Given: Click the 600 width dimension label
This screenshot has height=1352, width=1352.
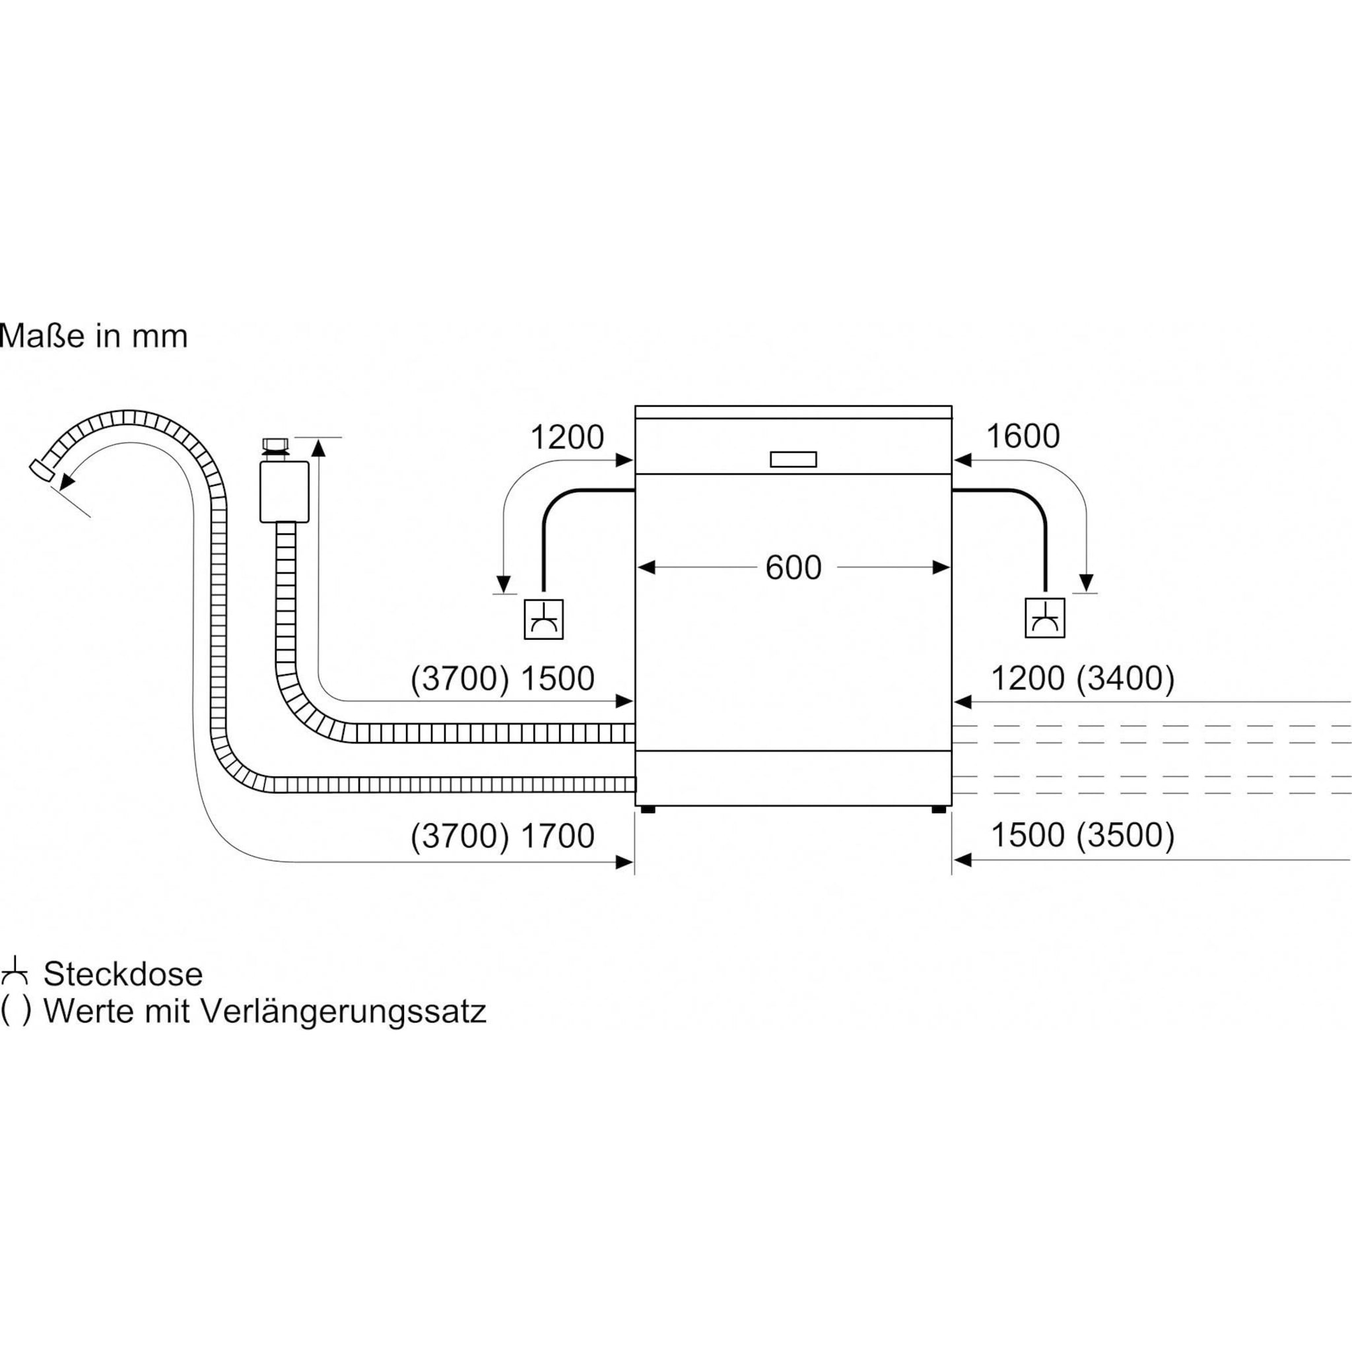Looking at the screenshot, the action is pyautogui.click(x=793, y=568).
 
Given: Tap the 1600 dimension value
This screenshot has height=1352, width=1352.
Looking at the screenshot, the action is pyautogui.click(x=1023, y=436).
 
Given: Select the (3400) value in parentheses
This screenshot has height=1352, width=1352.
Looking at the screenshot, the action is pyautogui.click(x=1126, y=678).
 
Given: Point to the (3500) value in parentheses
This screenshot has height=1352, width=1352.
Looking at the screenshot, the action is pyautogui.click(x=1126, y=836).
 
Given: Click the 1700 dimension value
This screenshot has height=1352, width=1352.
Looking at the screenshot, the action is pyautogui.click(x=558, y=836).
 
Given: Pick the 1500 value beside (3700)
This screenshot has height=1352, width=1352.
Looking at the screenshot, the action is pyautogui.click(x=558, y=679).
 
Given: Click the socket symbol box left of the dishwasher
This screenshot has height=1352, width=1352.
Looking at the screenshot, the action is pyautogui.click(x=544, y=619).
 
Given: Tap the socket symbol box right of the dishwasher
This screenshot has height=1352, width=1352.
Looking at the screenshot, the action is pyautogui.click(x=1045, y=618).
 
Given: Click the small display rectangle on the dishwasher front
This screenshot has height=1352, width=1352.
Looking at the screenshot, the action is pyautogui.click(x=793, y=459).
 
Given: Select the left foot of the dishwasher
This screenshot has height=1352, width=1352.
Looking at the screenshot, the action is pyautogui.click(x=648, y=809).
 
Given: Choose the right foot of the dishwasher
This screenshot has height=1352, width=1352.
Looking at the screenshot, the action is pyautogui.click(x=939, y=809).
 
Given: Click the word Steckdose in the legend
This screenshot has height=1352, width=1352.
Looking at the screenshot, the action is pyautogui.click(x=123, y=974).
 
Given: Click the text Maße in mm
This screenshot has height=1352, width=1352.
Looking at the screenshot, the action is pyautogui.click(x=94, y=337).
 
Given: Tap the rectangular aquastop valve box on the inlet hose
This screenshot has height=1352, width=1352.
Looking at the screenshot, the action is pyautogui.click(x=284, y=491).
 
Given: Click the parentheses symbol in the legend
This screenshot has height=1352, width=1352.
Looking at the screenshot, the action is pyautogui.click(x=15, y=1012).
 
